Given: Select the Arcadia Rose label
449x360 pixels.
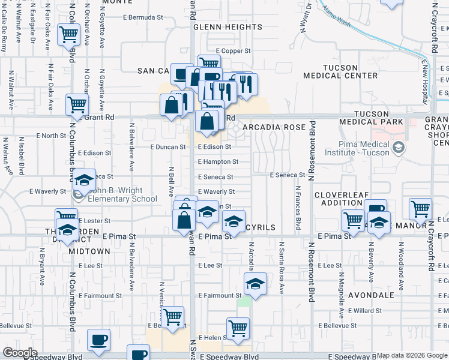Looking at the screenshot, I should pyautogui.click(x=274, y=127).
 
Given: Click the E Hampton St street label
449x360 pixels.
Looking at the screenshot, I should pyautogui.click(x=218, y=162).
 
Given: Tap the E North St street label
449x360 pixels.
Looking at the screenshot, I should pyautogui.click(x=46, y=136).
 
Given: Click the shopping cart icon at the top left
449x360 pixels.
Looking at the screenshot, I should pyautogui.click(x=69, y=34).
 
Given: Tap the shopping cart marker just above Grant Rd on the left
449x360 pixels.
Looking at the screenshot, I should pyautogui.click(x=77, y=104).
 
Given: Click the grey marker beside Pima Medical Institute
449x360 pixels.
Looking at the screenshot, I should pyautogui.click(x=398, y=147).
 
